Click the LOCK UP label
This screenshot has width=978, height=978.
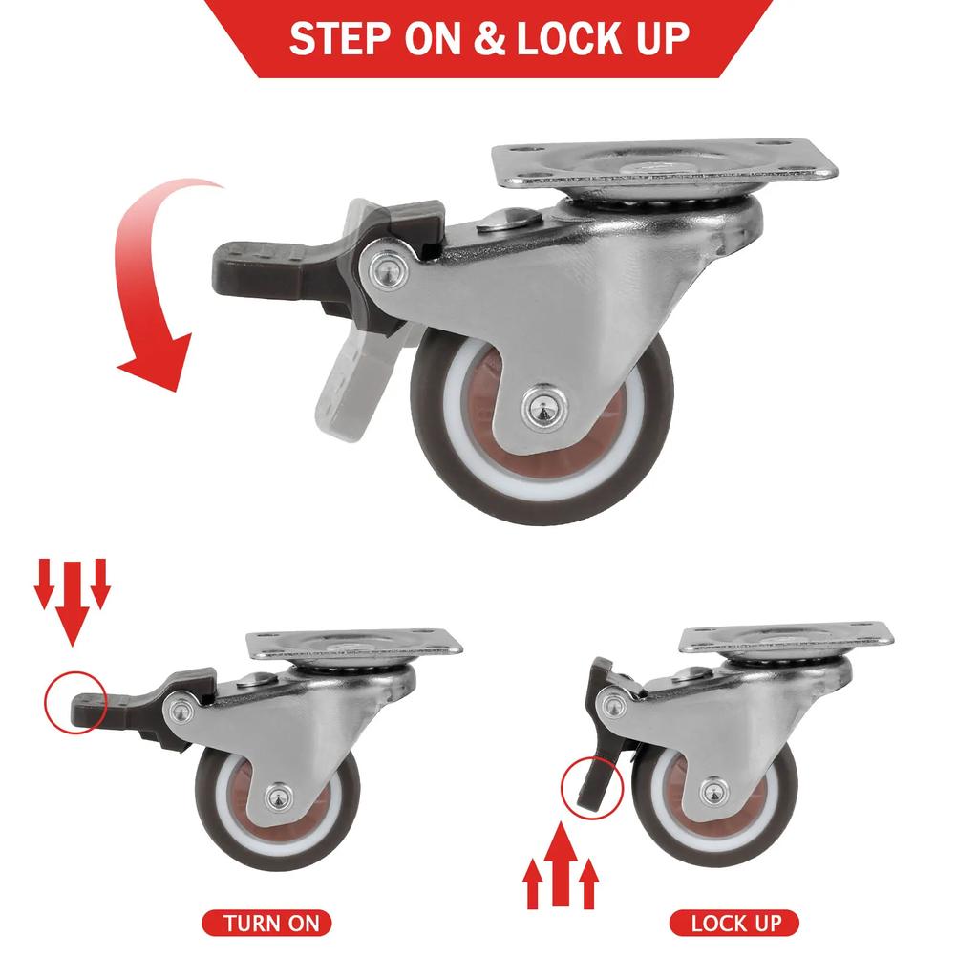[735, 923]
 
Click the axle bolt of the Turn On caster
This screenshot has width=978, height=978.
[277, 795]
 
